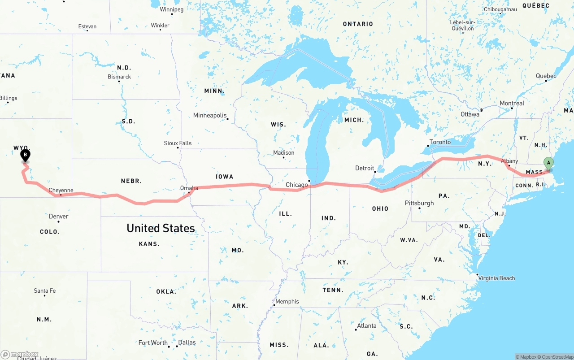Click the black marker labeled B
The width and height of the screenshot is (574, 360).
tap(26, 156)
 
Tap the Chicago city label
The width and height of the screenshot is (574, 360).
tap(297, 185)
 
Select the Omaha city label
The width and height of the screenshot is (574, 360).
tap(189, 188)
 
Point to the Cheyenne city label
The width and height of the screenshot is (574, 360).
tap(61, 191)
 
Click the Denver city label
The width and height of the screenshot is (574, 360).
tap(59, 217)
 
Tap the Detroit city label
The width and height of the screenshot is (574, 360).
tap(365, 168)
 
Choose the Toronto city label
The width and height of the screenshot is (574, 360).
tap(440, 142)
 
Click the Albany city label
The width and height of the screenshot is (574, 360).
tap(509, 161)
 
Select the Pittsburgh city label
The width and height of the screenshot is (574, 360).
tap(419, 203)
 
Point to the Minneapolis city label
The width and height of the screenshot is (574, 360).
tap(210, 116)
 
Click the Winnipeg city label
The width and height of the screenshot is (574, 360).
tap(171, 9)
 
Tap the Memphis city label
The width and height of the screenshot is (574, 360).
tap(287, 302)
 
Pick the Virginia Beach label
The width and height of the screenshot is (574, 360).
tap(496, 278)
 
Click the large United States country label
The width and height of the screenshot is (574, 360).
tap(161, 228)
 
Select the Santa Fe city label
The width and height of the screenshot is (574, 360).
tap(45, 291)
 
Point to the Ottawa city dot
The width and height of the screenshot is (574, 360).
tap(481, 110)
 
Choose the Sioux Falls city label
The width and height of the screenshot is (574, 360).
tap(178, 143)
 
